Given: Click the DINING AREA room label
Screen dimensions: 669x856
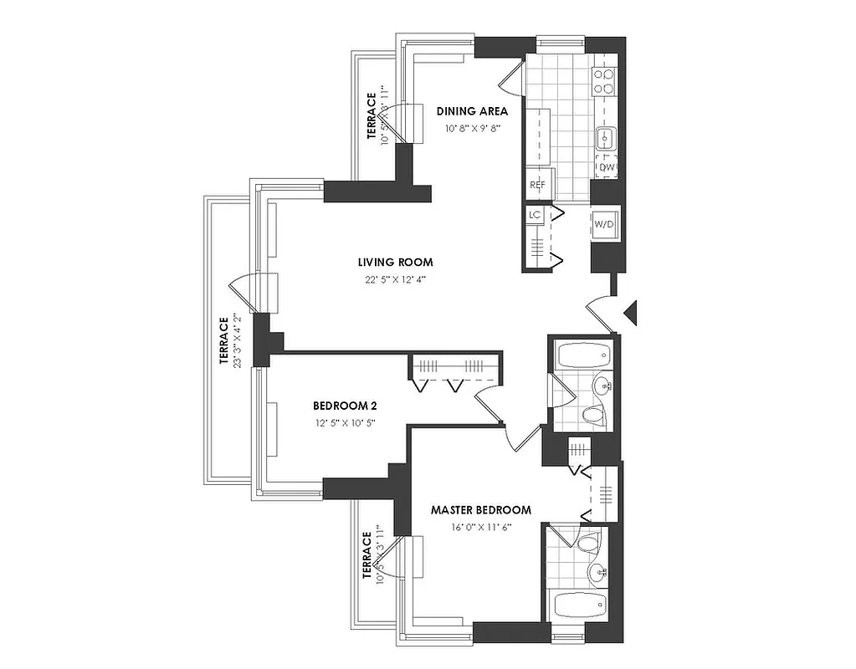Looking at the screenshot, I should (472, 111).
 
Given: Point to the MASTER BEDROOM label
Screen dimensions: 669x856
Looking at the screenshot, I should (480, 509).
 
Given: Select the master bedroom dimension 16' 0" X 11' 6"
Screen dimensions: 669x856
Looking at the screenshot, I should (481, 527).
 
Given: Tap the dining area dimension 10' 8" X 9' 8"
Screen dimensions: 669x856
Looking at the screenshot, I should (472, 129).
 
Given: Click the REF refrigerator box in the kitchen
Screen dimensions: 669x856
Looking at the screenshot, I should (536, 185).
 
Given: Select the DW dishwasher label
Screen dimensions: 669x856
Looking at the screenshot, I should (607, 167).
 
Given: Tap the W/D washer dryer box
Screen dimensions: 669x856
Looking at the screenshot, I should (604, 224).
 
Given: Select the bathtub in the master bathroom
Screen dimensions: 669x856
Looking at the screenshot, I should (576, 604).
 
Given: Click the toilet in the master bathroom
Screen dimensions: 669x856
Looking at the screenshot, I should (588, 544).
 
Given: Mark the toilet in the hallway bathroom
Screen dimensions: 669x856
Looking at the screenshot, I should (592, 415).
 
